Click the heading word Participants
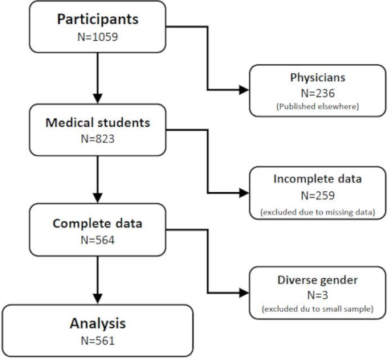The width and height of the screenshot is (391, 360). (x=98, y=20)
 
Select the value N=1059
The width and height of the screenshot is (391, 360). (x=98, y=37)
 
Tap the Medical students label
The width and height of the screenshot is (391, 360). (x=98, y=123)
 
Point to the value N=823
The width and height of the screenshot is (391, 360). (x=98, y=139)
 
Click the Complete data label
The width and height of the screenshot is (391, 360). (x=97, y=223)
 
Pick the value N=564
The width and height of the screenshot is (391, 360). (x=98, y=240)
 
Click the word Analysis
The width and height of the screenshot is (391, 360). (x=98, y=324)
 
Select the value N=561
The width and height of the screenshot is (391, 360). (x=98, y=341)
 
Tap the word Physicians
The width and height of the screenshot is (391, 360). (x=318, y=78)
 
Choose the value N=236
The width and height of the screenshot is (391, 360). (x=318, y=93)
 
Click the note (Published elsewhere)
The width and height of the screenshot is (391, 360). (x=318, y=107)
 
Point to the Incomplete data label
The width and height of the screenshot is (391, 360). (x=318, y=179)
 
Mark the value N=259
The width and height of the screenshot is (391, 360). (x=318, y=195)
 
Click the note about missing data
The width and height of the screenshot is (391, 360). (x=318, y=212)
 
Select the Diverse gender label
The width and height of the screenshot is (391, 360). (x=318, y=280)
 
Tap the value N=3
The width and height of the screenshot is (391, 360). (x=318, y=295)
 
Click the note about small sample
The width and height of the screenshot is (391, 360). (x=318, y=309)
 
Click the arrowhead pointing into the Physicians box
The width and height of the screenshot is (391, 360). (x=244, y=90)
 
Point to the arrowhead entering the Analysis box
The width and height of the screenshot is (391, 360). (x=98, y=299)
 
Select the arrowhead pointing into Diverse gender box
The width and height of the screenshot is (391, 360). (x=244, y=293)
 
